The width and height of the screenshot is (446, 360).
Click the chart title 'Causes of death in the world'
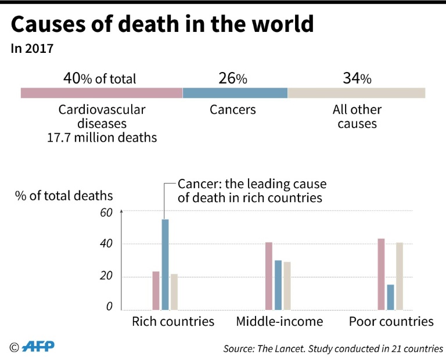pyautogui.click(x=162, y=25)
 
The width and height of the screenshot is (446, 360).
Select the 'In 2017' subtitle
pyautogui.click(x=32, y=49)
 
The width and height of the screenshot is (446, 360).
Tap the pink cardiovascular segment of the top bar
pyautogui.click(x=102, y=93)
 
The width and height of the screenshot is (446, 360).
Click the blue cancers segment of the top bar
pyautogui.click(x=235, y=93)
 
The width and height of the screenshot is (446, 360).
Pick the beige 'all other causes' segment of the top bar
pyautogui.click(x=356, y=93)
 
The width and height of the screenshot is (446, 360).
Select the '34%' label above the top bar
pyautogui.click(x=357, y=78)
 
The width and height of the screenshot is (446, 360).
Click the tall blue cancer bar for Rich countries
pyautogui.click(x=165, y=264)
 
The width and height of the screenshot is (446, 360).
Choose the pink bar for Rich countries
pyautogui.click(x=156, y=290)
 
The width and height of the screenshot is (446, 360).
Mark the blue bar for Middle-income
pyautogui.click(x=278, y=285)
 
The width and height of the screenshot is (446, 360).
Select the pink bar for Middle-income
pyautogui.click(x=269, y=276)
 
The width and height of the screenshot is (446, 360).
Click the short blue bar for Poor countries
pyautogui.click(x=390, y=297)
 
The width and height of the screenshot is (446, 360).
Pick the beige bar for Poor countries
pyautogui.click(x=400, y=276)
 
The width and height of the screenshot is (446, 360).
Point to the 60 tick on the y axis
pyautogui.click(x=105, y=213)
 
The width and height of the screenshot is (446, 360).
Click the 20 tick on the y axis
pyautogui.click(x=105, y=276)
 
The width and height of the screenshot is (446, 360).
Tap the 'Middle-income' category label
pyautogui.click(x=279, y=322)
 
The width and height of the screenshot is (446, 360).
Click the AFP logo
pyautogui.click(x=37, y=347)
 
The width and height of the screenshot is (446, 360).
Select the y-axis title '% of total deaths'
pyautogui.click(x=64, y=196)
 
